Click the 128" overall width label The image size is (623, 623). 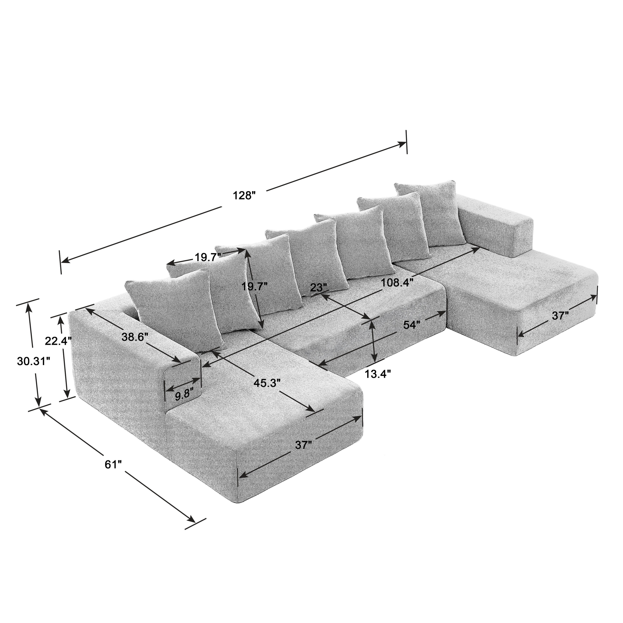pos(244,195)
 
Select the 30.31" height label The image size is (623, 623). pos(33,362)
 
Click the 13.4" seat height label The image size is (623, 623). pos(378,374)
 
